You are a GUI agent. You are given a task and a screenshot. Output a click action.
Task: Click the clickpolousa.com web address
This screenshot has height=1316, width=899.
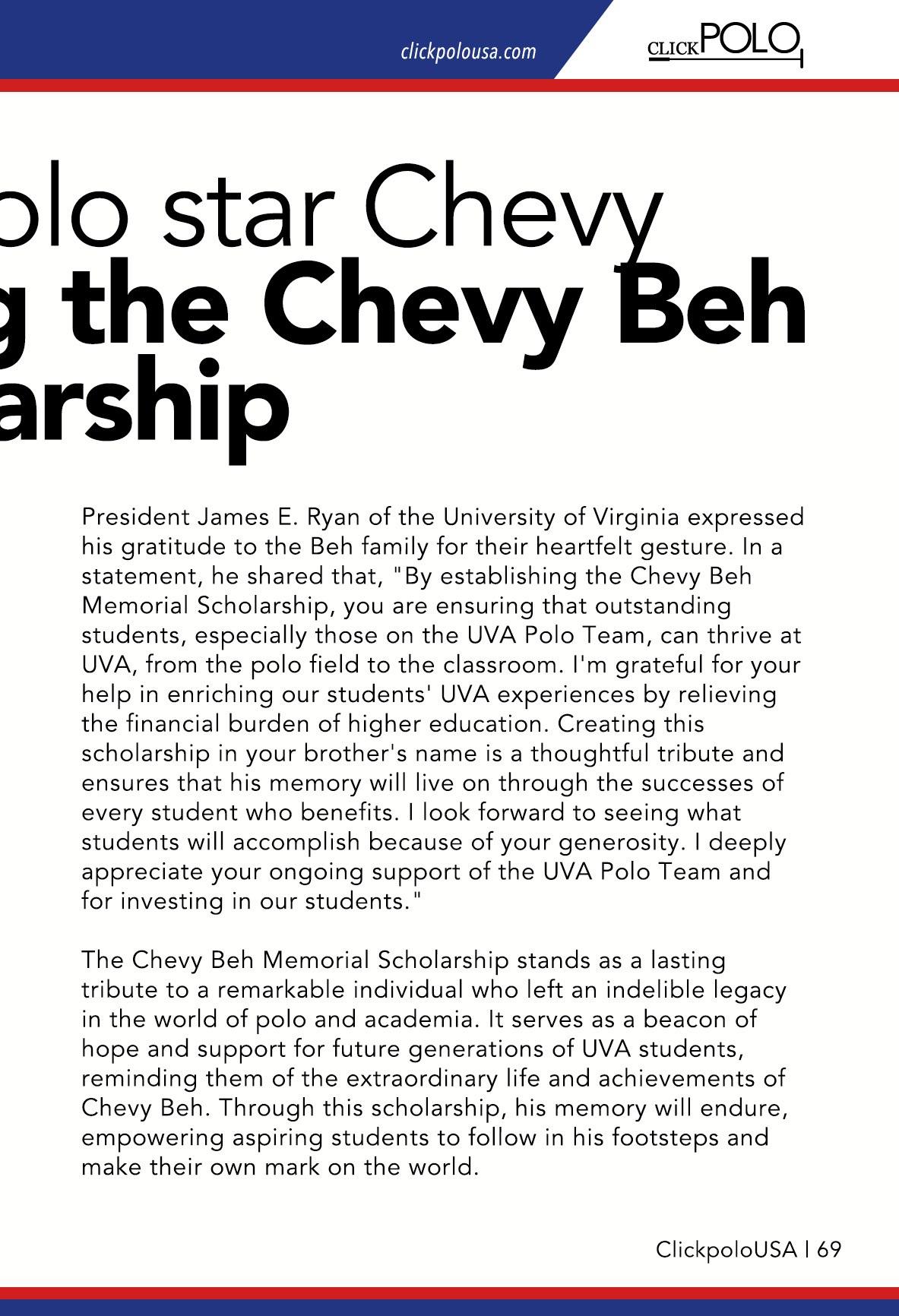467,52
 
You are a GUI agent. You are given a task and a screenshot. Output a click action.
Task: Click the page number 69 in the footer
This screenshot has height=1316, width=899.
830,1250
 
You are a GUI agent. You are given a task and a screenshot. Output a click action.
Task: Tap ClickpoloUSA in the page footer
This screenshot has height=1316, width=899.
726,1250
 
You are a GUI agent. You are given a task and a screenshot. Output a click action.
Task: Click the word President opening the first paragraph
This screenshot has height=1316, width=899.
136,517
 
